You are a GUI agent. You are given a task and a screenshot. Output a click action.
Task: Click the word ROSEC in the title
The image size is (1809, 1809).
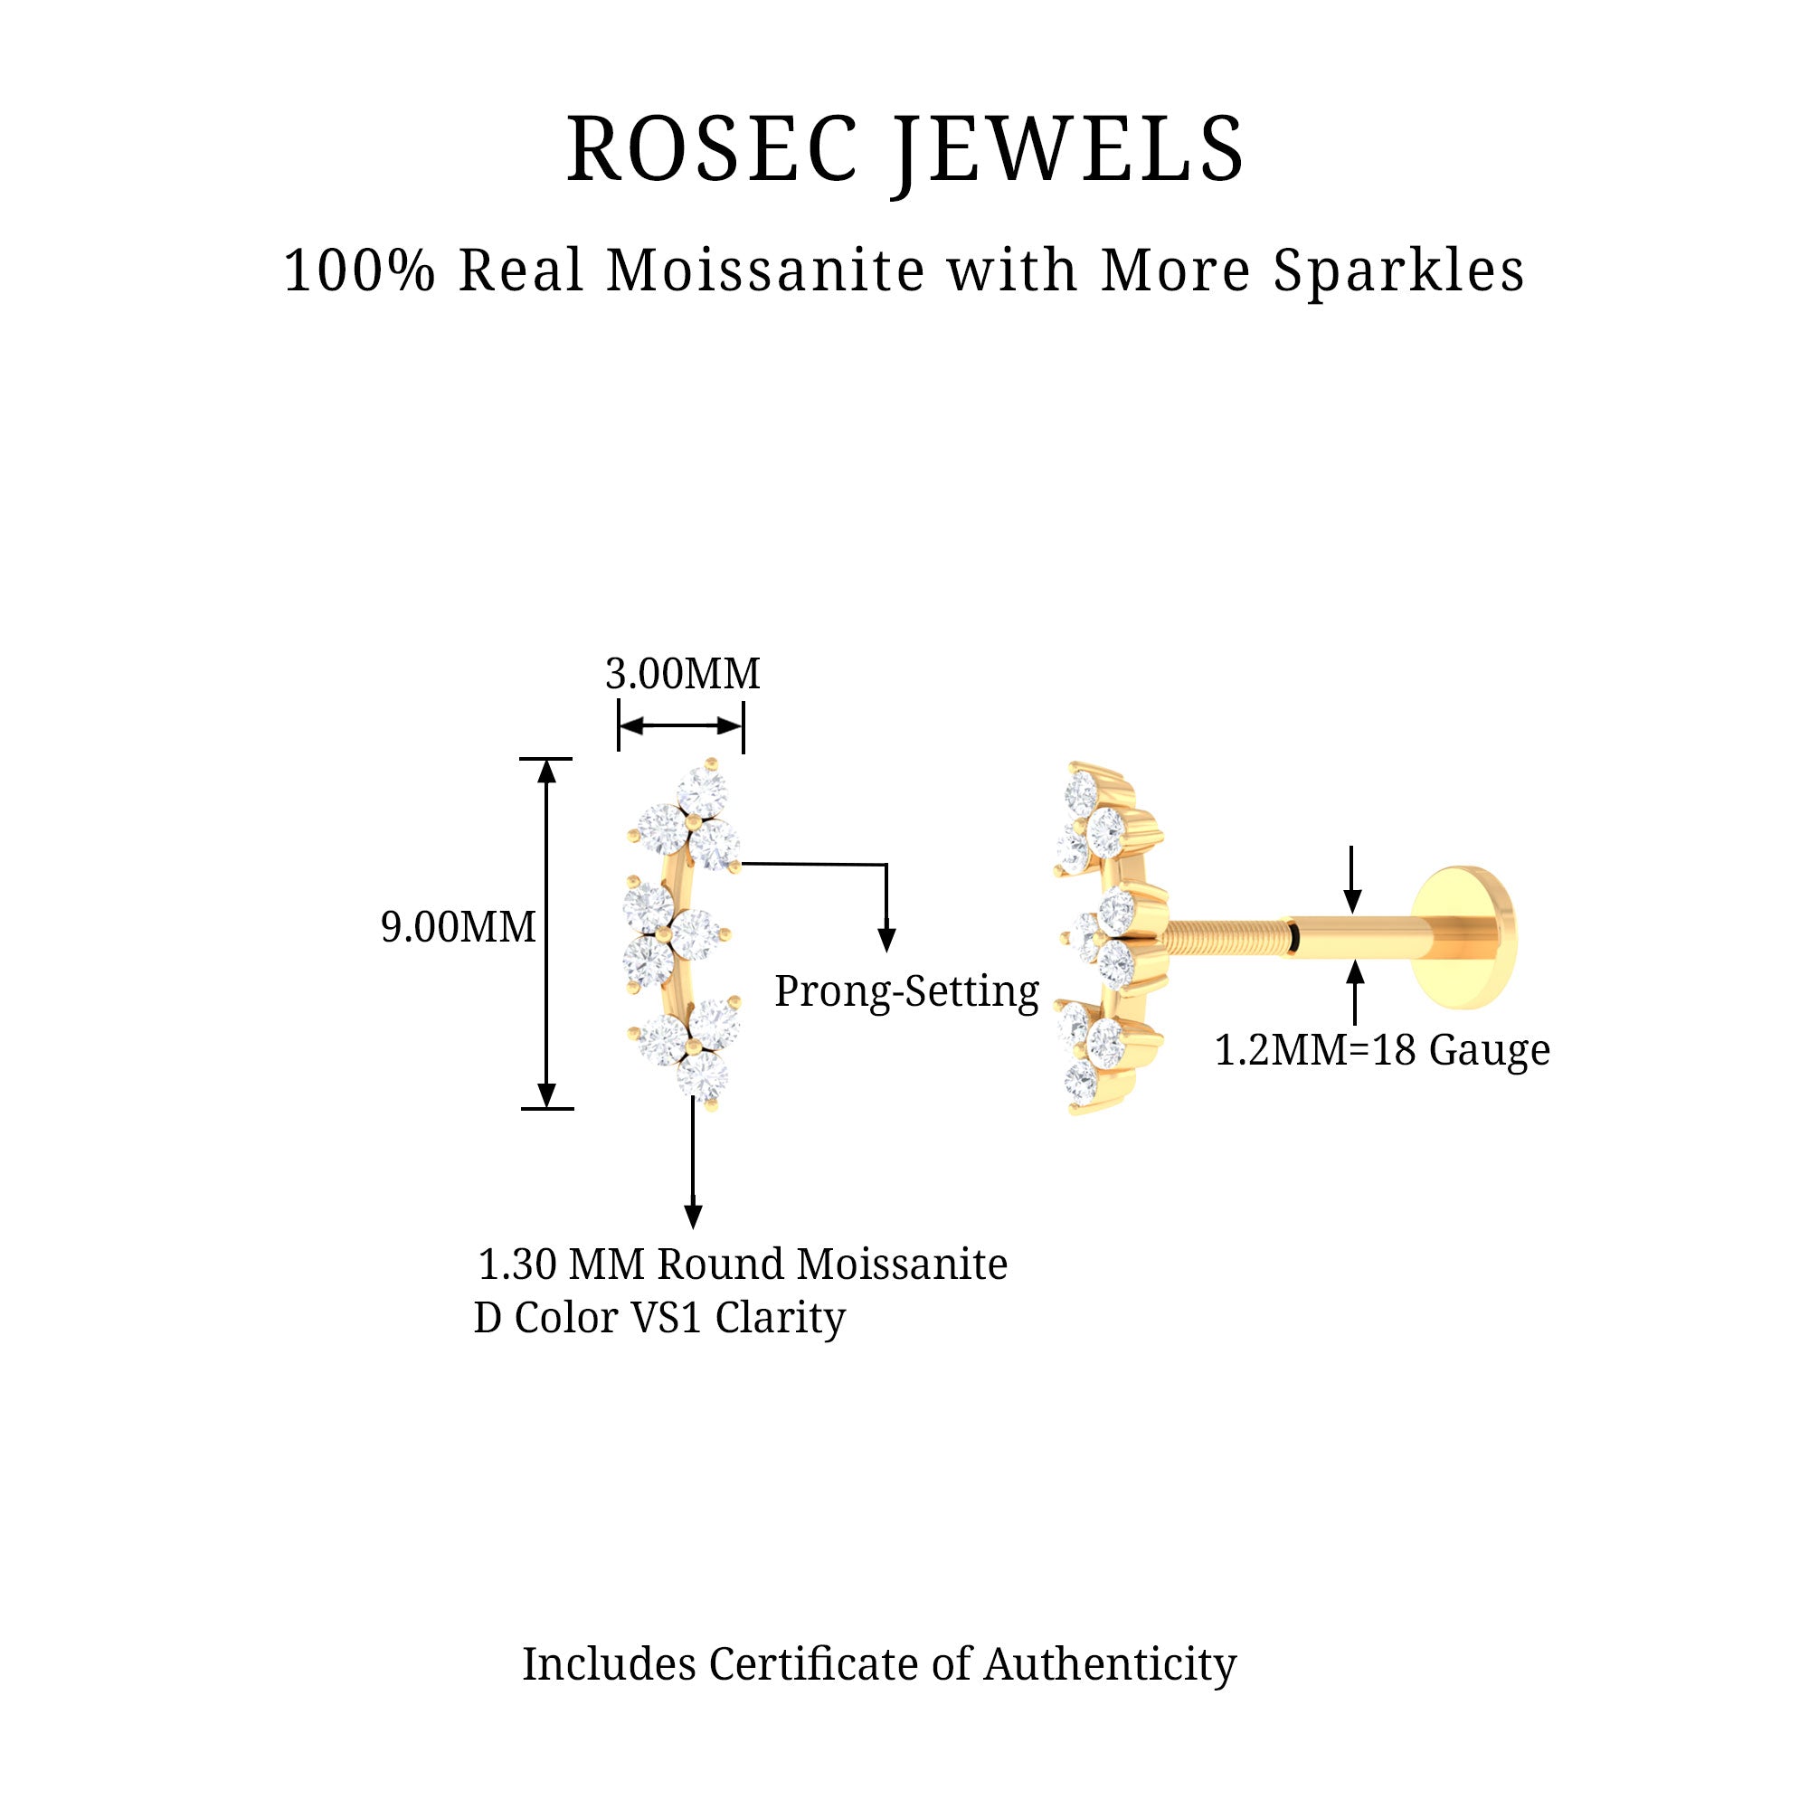click(x=712, y=150)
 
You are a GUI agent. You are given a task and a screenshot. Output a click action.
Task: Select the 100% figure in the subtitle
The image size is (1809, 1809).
click(x=360, y=271)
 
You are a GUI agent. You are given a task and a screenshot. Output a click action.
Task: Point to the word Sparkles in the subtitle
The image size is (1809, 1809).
click(x=1398, y=271)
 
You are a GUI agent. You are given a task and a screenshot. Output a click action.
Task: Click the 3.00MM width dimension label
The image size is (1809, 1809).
click(x=683, y=674)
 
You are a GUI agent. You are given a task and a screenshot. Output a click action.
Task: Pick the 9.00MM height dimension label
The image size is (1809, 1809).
click(x=458, y=927)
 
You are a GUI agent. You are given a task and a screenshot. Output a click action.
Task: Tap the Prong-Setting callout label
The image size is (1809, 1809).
click(x=906, y=990)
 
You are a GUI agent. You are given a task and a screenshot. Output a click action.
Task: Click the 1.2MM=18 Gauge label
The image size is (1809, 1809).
click(x=1382, y=1049)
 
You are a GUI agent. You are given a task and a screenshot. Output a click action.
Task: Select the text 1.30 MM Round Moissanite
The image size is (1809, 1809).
click(x=743, y=1264)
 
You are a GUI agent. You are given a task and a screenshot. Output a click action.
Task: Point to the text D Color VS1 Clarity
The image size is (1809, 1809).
click(x=659, y=1319)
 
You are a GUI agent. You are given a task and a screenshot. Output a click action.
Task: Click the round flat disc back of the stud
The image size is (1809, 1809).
click(x=1465, y=937)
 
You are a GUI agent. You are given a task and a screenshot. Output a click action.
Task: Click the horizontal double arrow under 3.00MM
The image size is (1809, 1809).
click(x=681, y=725)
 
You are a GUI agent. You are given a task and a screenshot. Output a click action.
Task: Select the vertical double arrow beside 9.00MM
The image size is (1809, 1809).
click(x=547, y=933)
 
